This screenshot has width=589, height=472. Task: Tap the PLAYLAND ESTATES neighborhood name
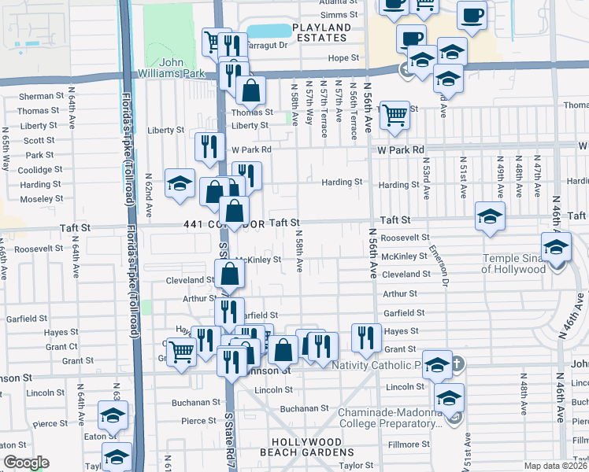point(320,32)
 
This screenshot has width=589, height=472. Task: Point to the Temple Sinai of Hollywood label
point(513,263)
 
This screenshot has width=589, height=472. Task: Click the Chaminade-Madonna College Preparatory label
point(389,418)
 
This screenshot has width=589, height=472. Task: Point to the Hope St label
point(343,58)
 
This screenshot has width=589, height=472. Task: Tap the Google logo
point(26,463)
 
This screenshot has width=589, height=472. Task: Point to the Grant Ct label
point(61,346)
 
